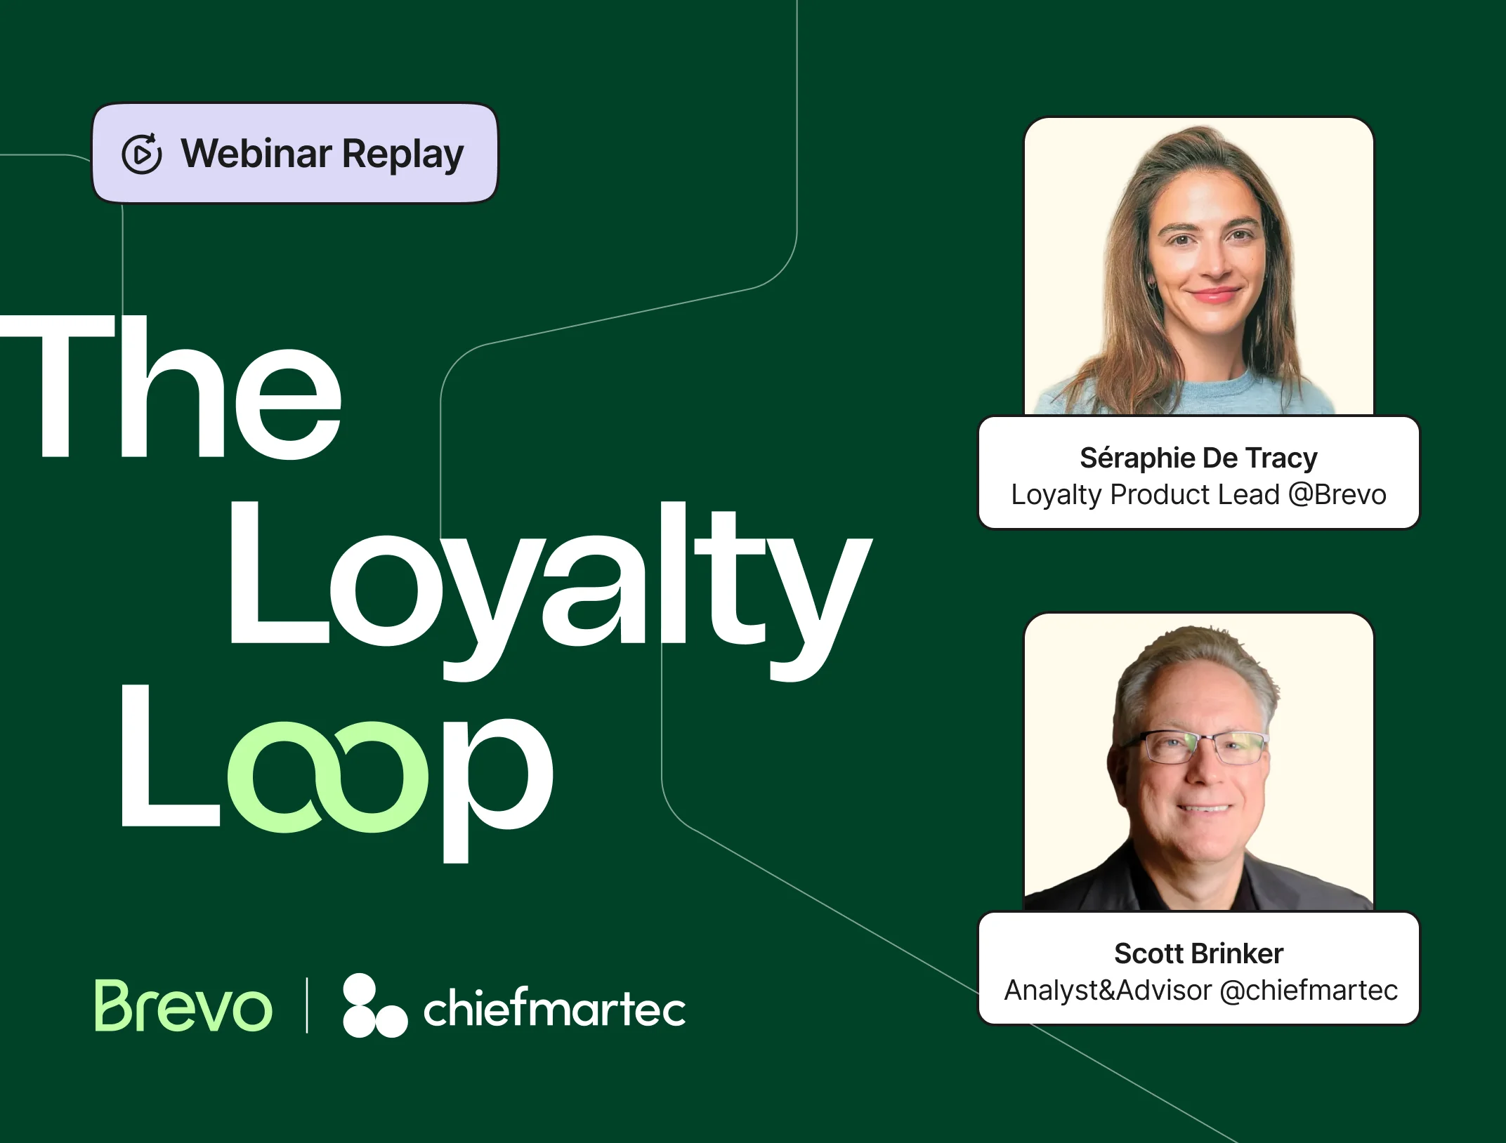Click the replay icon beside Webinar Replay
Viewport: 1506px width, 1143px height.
[x=141, y=153]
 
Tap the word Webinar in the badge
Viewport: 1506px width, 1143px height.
[x=256, y=153]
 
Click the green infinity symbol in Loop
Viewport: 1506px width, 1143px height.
[x=328, y=777]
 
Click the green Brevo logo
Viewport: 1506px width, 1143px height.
[x=183, y=1007]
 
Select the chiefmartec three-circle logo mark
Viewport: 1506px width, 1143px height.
[x=373, y=1006]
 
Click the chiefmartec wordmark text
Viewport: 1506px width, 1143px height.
[x=554, y=1009]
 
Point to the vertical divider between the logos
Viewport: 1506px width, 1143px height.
[x=307, y=1006]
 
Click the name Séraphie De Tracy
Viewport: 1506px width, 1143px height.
[x=1198, y=458]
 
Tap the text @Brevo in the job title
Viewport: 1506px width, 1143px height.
[x=1337, y=495]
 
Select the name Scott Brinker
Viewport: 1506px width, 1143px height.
[x=1198, y=953]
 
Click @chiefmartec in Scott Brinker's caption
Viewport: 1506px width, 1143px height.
[x=1309, y=991]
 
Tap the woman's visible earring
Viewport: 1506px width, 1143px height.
[x=1151, y=285]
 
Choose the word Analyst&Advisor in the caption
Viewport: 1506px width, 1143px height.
[x=1108, y=991]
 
